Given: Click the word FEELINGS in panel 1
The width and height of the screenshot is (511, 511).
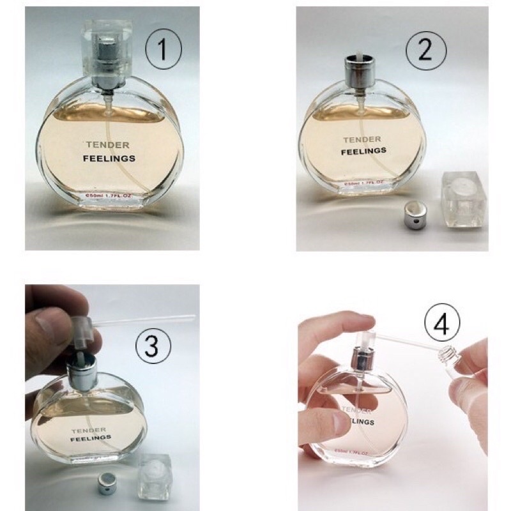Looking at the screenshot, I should point(109,159).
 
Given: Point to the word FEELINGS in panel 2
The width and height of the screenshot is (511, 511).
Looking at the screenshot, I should point(363,151).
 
